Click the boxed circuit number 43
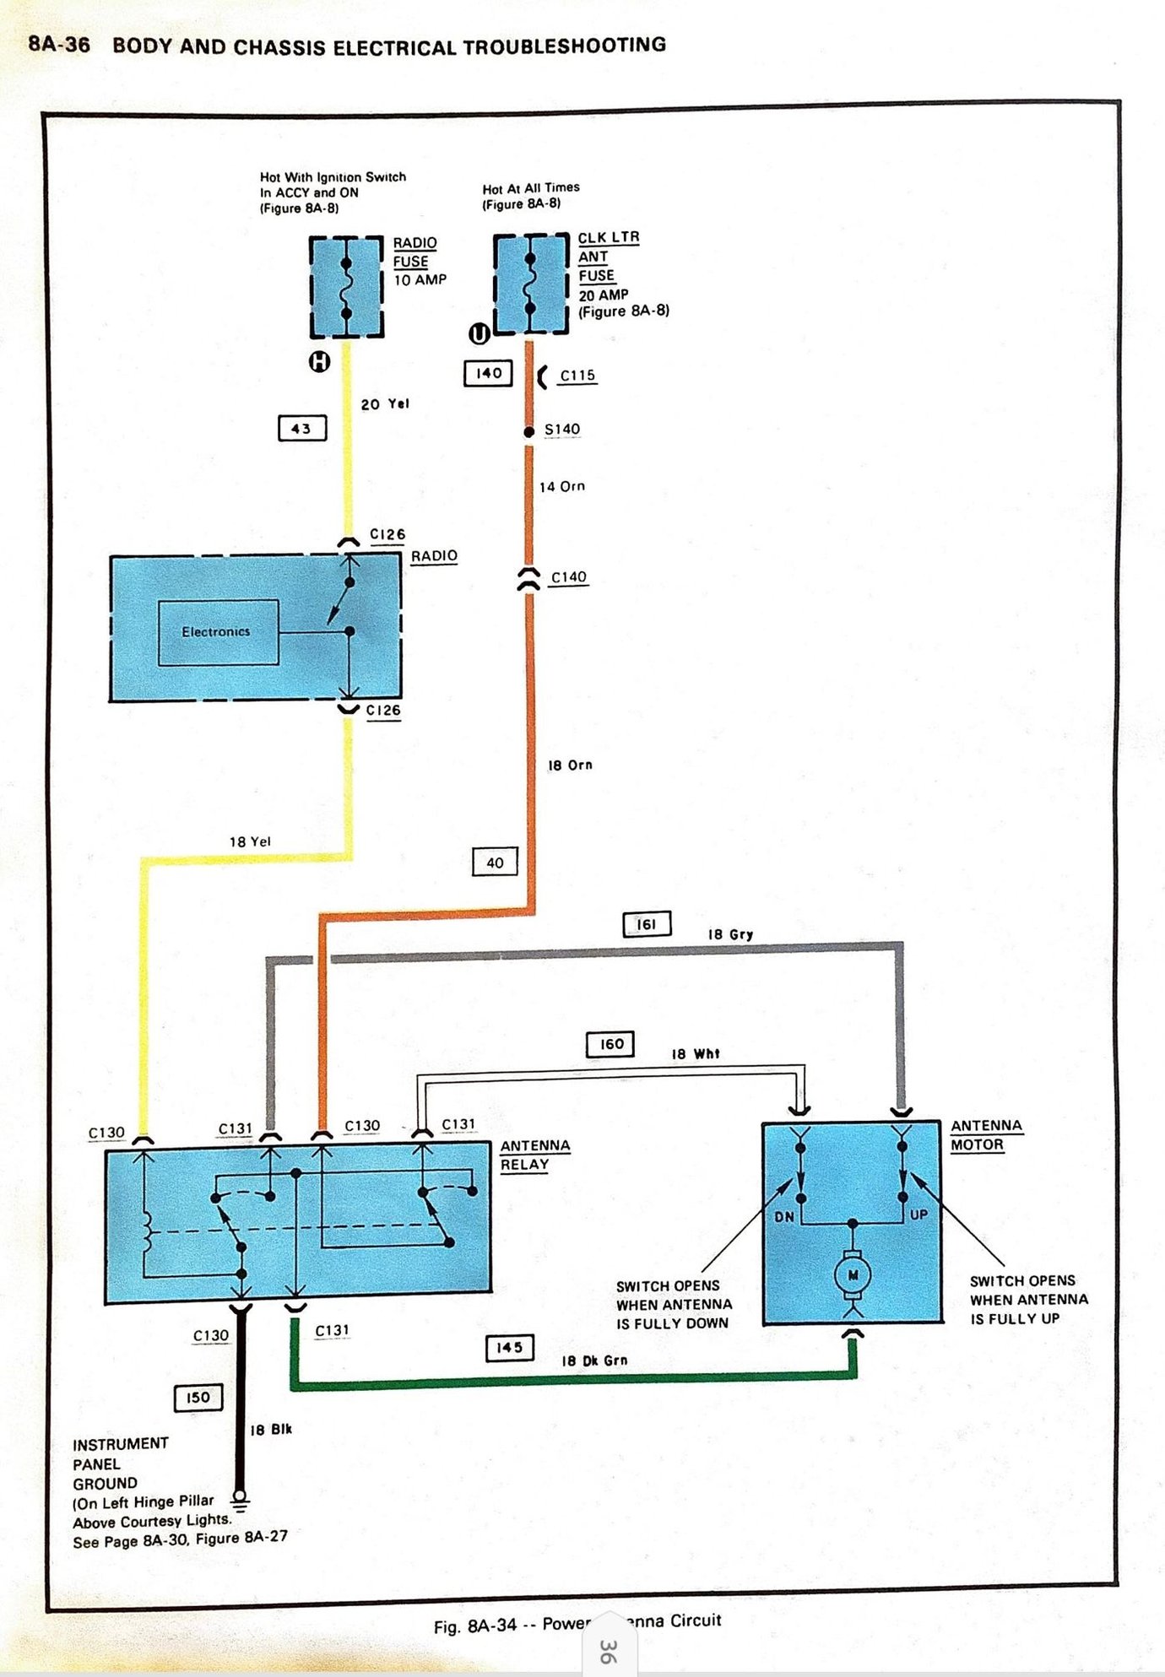point(301,428)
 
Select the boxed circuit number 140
point(488,373)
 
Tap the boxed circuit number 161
point(647,924)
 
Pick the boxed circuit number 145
point(509,1348)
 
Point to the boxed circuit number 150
point(198,1398)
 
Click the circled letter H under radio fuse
point(319,362)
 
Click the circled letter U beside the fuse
point(479,334)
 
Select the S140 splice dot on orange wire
point(529,432)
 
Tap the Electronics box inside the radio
point(218,632)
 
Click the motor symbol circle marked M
point(853,1275)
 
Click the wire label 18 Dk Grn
point(594,1361)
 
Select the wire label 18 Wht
point(696,1054)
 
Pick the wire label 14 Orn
point(562,486)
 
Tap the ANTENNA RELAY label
point(534,1155)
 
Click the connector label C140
point(568,577)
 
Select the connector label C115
point(577,376)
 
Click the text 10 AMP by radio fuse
point(420,279)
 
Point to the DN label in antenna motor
point(784,1217)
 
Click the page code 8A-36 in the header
point(59,45)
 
